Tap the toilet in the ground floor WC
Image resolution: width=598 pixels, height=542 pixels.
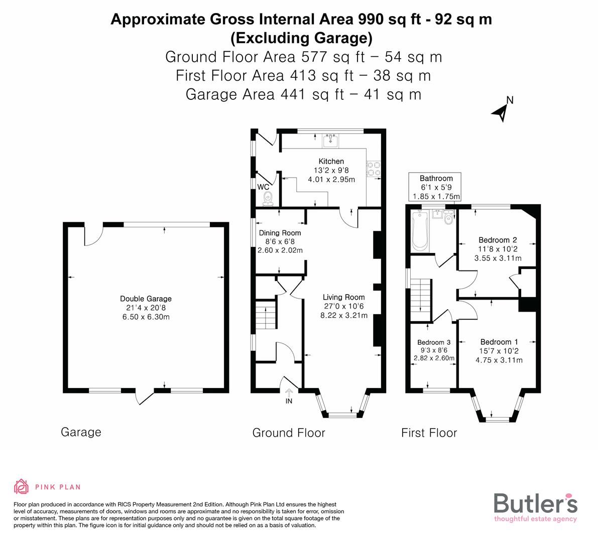point(268,199)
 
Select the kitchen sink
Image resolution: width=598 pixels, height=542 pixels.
point(330,140)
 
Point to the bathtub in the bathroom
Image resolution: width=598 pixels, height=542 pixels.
point(418,231)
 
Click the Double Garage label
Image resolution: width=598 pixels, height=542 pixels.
point(146,299)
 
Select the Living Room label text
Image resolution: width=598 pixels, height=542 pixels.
point(343,297)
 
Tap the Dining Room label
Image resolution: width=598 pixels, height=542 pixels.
point(280,233)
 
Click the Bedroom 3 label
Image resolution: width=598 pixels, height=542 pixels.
point(434,342)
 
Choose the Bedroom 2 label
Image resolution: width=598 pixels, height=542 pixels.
point(498,240)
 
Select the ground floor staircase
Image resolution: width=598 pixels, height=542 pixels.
point(265,316)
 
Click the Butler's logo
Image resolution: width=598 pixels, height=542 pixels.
point(535,506)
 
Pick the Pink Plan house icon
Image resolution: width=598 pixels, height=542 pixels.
point(22,486)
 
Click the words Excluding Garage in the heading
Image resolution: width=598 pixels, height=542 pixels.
point(301,38)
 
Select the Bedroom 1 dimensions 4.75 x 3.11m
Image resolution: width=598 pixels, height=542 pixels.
point(499,360)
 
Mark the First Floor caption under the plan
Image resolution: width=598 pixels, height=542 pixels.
point(429,433)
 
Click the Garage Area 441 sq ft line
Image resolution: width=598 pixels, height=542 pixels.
point(303,94)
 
